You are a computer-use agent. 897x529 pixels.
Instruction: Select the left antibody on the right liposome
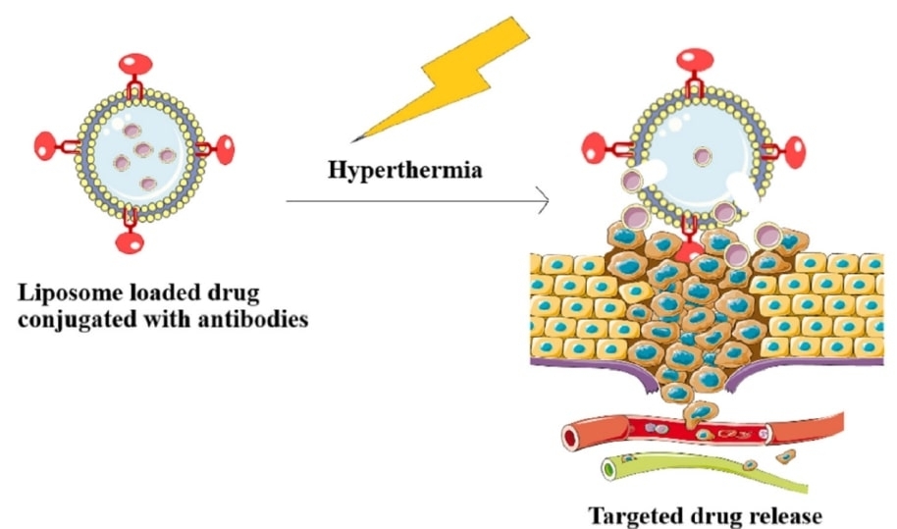coord(600,149)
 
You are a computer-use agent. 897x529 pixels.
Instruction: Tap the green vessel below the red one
coord(687,470)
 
